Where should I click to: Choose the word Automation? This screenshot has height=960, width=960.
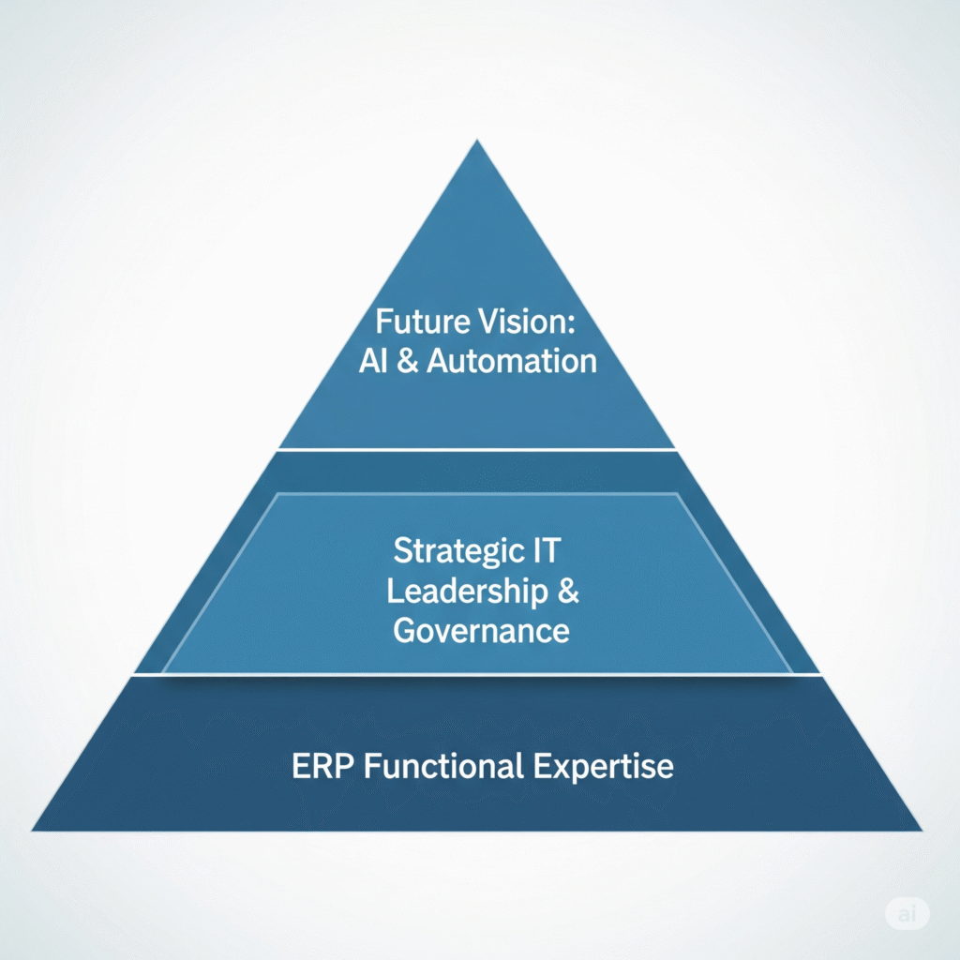(x=512, y=361)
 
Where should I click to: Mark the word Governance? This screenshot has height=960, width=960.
(x=481, y=630)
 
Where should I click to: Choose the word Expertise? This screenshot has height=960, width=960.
(x=604, y=766)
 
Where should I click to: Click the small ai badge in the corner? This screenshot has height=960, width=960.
(x=907, y=913)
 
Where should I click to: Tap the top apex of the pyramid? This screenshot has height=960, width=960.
(x=478, y=142)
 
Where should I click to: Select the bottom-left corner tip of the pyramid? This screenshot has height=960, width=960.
(x=35, y=830)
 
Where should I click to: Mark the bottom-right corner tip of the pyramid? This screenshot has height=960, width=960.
(x=920, y=830)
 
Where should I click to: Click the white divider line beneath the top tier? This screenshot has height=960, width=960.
(x=476, y=450)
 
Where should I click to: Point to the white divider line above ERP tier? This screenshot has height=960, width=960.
(x=476, y=674)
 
